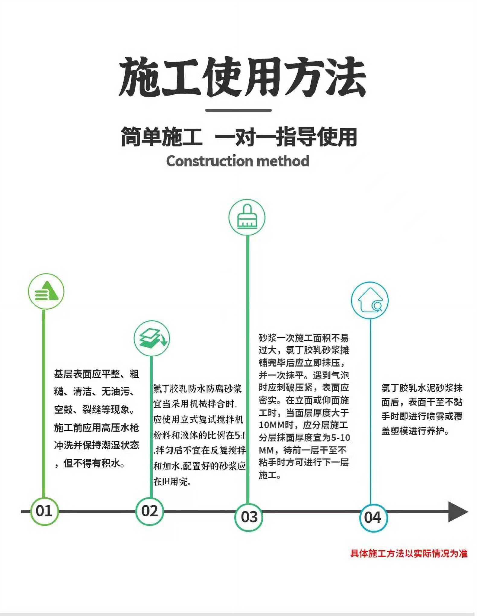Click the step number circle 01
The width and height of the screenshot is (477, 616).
(x=44, y=511)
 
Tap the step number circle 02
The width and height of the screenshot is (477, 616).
(x=149, y=511)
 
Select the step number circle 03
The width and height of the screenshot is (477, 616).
(x=249, y=517)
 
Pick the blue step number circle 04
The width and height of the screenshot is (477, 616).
(x=373, y=518)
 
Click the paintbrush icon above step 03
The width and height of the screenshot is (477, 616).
(x=247, y=217)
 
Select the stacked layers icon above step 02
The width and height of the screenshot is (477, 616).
(x=152, y=338)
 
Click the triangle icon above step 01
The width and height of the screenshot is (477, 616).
(x=46, y=291)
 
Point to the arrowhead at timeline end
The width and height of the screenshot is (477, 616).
(x=458, y=512)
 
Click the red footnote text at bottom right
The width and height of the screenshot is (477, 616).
(x=409, y=553)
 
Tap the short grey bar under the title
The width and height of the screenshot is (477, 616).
(x=238, y=110)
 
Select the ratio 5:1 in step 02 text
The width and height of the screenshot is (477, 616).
(x=240, y=435)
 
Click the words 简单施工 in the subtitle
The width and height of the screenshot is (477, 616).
(x=162, y=137)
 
